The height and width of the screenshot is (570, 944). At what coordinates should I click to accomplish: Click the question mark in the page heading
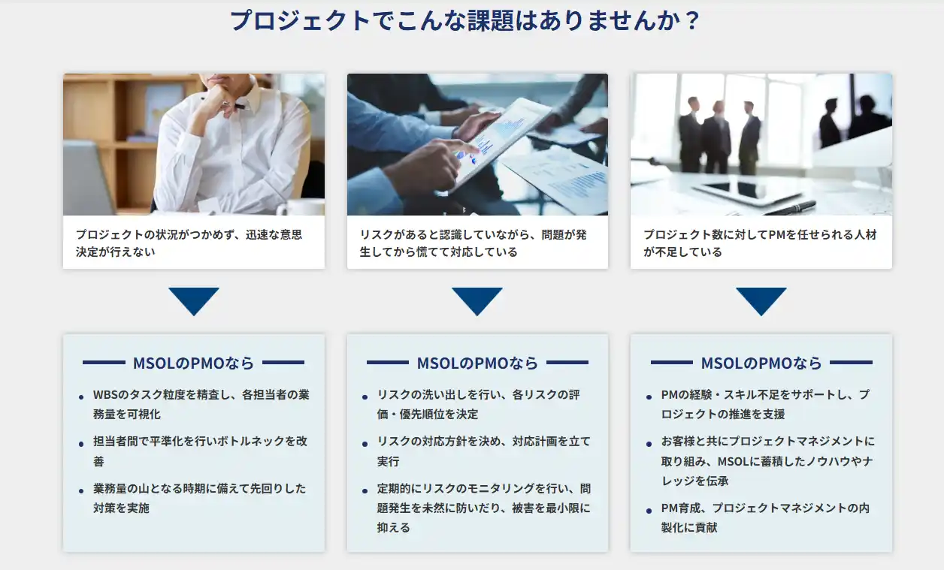click(692, 21)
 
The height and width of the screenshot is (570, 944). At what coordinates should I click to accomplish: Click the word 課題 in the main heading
click(490, 20)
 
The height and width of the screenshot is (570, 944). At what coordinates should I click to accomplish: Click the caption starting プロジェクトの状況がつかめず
click(189, 243)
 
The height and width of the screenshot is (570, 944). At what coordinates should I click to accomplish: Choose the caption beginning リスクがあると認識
click(473, 243)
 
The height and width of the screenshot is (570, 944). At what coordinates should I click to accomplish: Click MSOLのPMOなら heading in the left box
click(193, 363)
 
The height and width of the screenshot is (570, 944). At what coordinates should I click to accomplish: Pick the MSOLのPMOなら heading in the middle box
click(477, 363)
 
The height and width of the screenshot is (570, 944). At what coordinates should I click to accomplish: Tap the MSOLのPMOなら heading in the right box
click(761, 363)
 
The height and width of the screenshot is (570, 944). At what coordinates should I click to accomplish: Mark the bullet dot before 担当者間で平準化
click(81, 444)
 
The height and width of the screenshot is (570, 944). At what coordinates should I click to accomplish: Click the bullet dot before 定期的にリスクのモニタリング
click(365, 491)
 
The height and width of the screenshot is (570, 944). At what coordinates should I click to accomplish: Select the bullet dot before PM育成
click(649, 511)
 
